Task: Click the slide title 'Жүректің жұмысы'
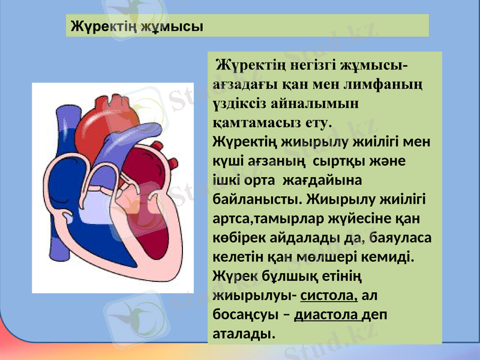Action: tap(137, 26)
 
